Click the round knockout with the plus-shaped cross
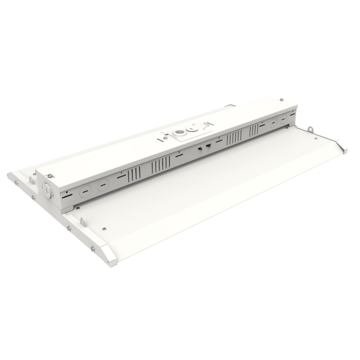[x=47, y=190]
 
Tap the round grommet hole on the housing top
[x=180, y=132]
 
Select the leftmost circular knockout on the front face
[x=85, y=191]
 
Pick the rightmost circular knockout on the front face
[x=283, y=119]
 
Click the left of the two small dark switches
[x=200, y=148]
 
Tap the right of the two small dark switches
[x=208, y=145]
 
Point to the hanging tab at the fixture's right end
[x=310, y=128]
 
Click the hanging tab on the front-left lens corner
[x=83, y=222]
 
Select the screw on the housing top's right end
[x=282, y=99]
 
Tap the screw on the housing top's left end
[x=49, y=176]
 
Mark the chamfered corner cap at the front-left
[x=108, y=255]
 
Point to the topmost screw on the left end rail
[x=16, y=182]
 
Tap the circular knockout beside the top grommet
[x=192, y=128]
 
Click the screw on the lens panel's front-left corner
[x=104, y=229]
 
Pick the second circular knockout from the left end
[x=103, y=185]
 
